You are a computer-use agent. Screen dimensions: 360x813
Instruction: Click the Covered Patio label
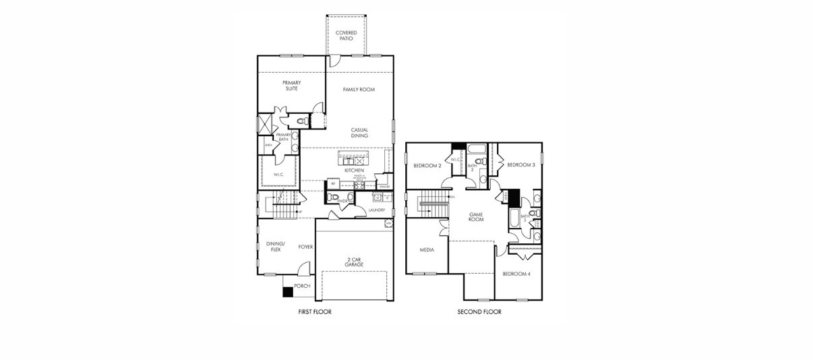[347, 36]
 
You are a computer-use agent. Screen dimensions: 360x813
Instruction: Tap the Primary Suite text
[292, 86]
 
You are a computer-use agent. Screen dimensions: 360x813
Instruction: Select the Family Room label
[359, 90]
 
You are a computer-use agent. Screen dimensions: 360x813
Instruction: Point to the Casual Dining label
[359, 133]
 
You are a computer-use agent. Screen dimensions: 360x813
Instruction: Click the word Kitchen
[354, 171]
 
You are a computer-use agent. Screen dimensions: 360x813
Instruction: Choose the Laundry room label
[376, 210]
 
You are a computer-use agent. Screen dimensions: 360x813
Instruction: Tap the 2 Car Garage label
[354, 262]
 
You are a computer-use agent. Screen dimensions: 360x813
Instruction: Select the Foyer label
[305, 247]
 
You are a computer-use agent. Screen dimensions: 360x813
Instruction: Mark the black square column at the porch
[287, 292]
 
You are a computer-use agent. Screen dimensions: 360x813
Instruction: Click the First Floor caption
[315, 312]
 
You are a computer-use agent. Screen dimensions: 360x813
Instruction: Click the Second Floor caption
[479, 312]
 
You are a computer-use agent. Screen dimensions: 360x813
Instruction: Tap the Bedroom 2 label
[427, 165]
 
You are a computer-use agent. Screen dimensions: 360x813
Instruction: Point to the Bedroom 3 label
[520, 165]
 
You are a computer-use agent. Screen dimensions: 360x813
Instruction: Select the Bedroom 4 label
[516, 274]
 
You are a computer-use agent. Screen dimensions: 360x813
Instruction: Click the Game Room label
[477, 216]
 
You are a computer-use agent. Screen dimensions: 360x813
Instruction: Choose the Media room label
[427, 250]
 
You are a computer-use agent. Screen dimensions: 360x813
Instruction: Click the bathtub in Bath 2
[477, 149]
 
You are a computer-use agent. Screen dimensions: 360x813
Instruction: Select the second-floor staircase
[430, 203]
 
